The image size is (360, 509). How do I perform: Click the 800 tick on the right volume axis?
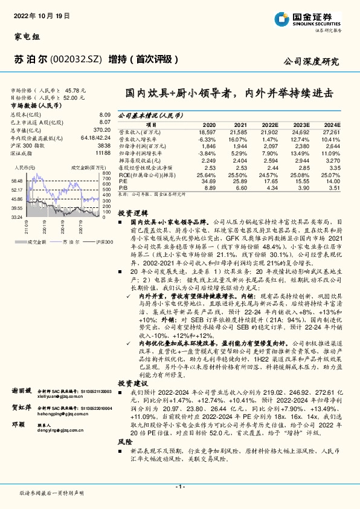107,173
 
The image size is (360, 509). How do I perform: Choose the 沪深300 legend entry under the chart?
104,241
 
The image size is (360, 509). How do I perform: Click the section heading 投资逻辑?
132,214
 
